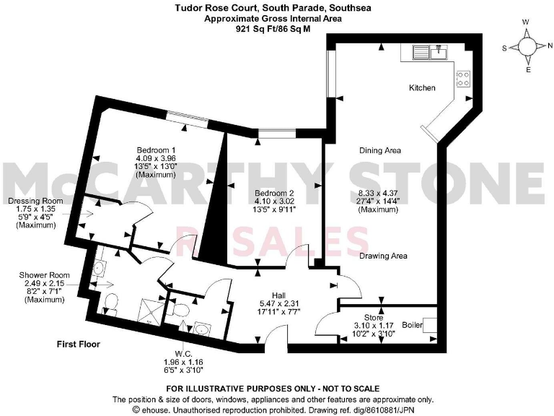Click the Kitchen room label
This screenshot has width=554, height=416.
point(422,87)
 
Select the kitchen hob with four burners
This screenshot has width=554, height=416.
point(463,78)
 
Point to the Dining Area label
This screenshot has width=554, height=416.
point(380,150)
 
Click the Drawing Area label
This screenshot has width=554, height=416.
point(384,256)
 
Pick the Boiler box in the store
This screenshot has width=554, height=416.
point(430,325)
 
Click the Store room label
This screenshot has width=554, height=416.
point(373,316)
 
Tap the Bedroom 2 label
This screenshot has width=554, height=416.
point(274,194)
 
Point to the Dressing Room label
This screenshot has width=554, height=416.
point(35,201)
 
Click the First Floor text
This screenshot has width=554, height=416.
point(79,344)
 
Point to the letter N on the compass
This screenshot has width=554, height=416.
point(550,45)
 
